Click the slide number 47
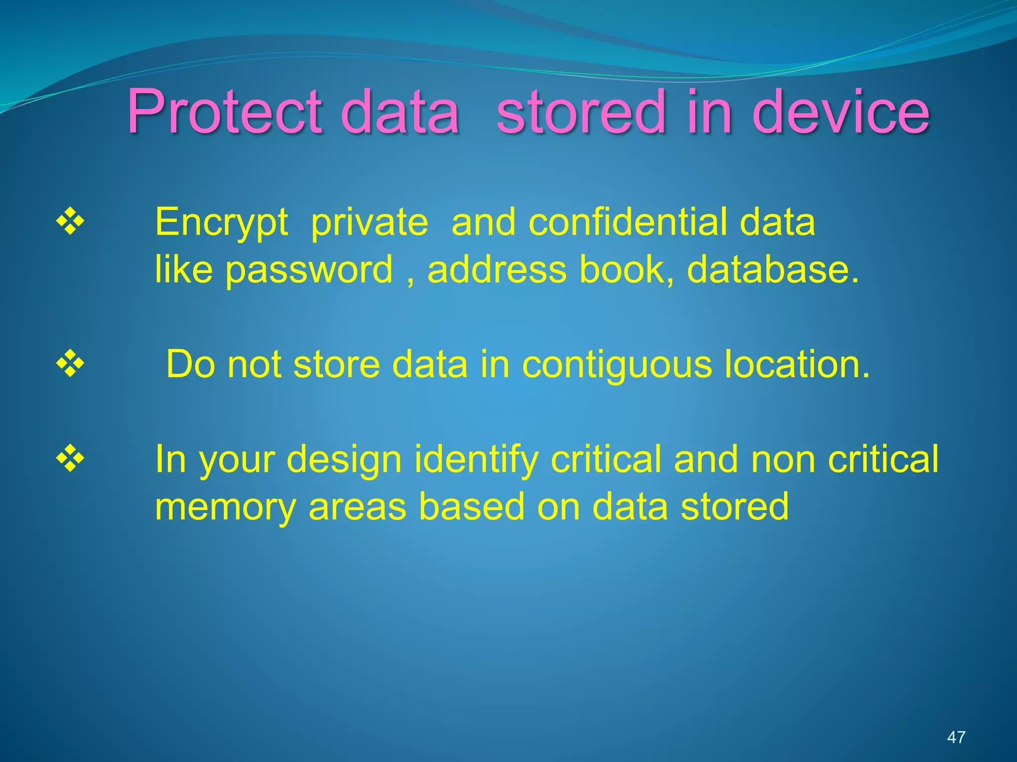[x=956, y=737]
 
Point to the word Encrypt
[x=221, y=222]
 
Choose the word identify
[x=477, y=460]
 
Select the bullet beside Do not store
[x=70, y=364]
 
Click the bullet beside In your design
[x=70, y=458]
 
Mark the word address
[x=497, y=269]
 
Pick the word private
[x=369, y=222]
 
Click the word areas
[x=357, y=507]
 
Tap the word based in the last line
[x=471, y=507]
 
